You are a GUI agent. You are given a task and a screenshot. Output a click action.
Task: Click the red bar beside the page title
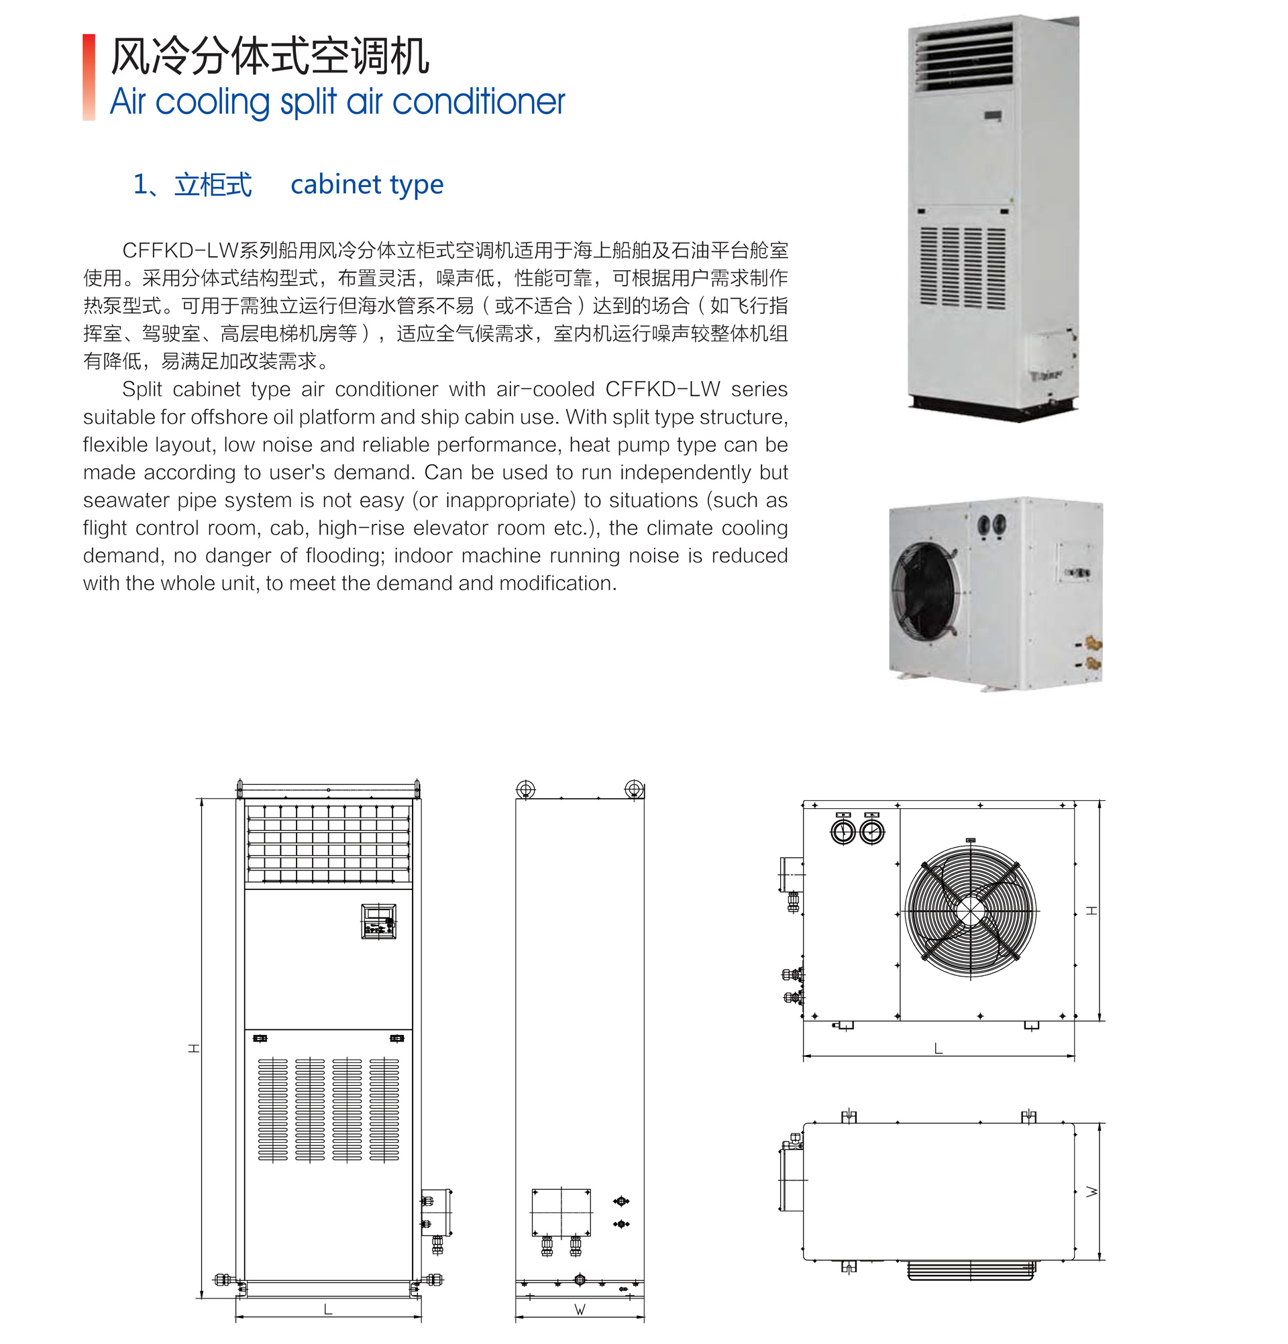[x=89, y=77]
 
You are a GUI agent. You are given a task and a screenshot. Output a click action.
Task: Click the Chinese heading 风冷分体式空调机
[x=270, y=56]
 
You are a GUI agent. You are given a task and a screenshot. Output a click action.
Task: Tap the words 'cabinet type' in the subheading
[x=367, y=184]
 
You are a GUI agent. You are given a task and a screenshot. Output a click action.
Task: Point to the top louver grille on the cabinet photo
[x=964, y=58]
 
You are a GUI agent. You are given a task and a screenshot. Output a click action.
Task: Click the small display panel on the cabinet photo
[x=993, y=117]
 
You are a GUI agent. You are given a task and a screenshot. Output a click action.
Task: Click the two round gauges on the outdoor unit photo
[x=991, y=524]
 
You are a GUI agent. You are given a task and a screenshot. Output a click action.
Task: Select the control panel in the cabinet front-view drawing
[x=378, y=921]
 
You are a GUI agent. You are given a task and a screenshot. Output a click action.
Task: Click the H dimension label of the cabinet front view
[x=194, y=1048]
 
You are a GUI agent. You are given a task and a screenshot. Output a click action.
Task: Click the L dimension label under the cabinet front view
[x=328, y=1309]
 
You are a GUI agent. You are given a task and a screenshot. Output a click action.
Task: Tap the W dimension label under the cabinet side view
[x=580, y=1310]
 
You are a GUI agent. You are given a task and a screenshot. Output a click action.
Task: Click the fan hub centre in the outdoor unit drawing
[x=970, y=911]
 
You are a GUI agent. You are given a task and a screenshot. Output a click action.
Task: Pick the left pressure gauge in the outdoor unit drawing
[x=843, y=831]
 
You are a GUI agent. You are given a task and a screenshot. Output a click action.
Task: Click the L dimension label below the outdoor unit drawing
[x=938, y=1048]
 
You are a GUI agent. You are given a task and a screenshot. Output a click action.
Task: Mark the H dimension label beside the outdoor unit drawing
[x=1092, y=911]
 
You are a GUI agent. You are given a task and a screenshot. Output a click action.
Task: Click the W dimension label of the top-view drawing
[x=1092, y=1192]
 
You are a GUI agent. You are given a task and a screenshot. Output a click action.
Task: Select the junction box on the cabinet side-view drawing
[x=561, y=1213]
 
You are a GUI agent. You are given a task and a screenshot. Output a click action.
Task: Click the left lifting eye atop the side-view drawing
[x=525, y=789]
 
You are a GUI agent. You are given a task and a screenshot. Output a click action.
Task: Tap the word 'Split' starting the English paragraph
[x=142, y=390]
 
